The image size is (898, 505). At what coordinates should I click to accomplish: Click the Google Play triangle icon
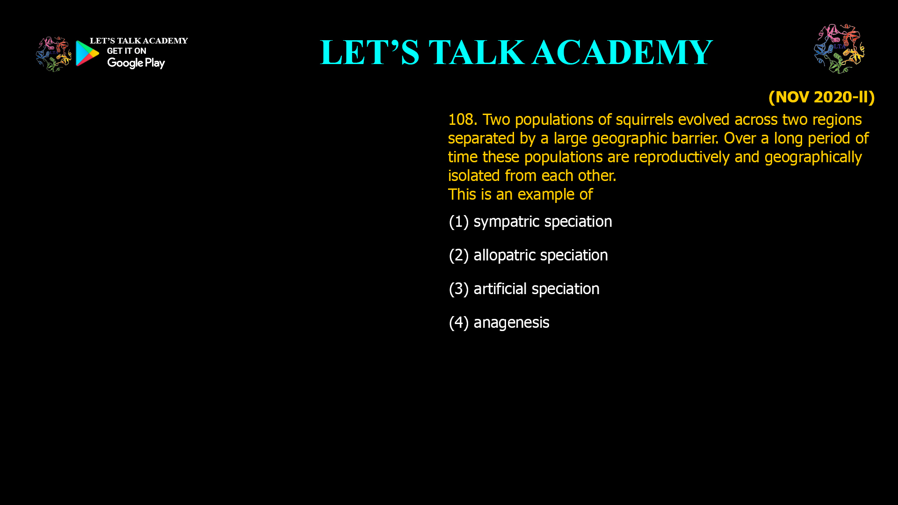coord(87,53)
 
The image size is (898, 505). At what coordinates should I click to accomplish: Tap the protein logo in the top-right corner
coord(840,49)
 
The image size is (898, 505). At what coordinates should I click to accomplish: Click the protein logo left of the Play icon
coord(54,54)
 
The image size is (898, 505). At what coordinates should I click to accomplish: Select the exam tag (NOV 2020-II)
coord(821,97)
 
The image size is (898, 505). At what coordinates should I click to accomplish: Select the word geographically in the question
coord(813,158)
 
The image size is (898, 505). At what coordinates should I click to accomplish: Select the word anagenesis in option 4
coord(512,323)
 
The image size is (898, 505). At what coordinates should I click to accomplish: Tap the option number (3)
coord(459,289)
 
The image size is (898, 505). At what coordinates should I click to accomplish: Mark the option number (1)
coord(459,222)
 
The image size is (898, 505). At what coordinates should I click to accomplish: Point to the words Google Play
coord(136,63)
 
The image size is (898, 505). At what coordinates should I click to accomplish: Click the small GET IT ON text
coord(127,51)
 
